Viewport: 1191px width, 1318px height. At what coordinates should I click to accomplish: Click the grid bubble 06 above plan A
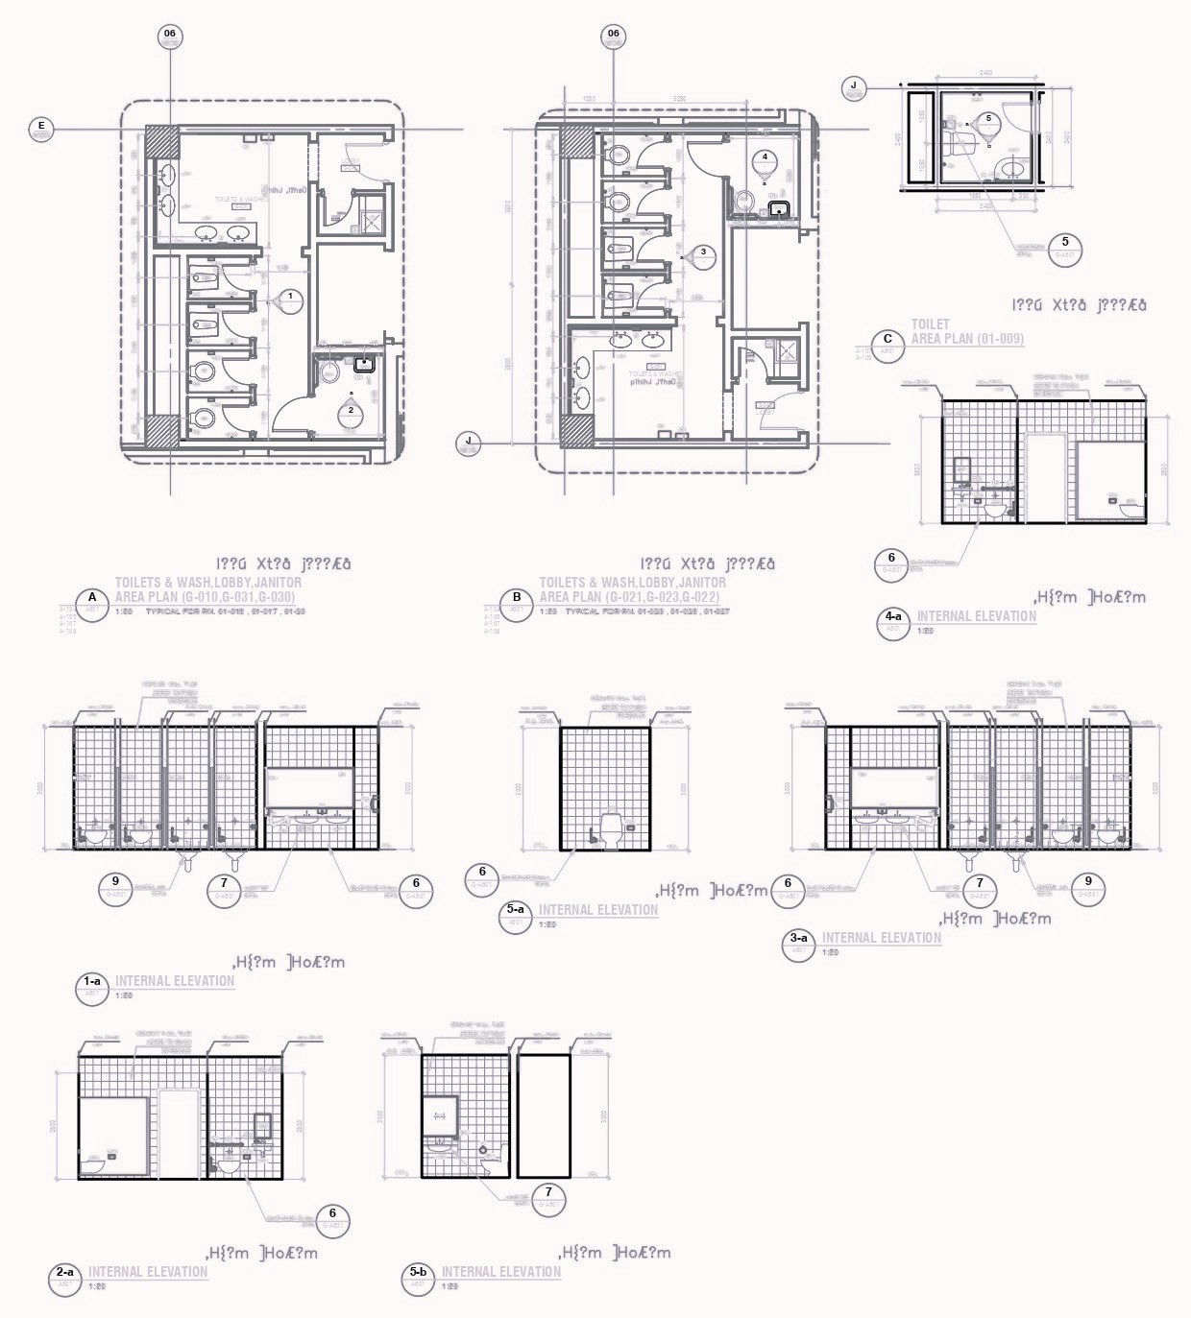tap(170, 36)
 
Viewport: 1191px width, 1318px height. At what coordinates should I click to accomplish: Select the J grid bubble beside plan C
tap(853, 88)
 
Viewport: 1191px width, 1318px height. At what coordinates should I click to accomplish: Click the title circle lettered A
tap(92, 605)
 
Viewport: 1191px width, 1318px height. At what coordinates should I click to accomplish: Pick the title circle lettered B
tap(517, 605)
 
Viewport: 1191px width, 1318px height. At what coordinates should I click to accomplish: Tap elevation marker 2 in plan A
tap(351, 411)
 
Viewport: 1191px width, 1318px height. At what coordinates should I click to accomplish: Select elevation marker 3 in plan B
tap(704, 252)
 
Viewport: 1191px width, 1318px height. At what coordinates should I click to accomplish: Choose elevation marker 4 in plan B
tap(765, 156)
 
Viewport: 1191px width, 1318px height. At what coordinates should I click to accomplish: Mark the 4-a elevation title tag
tap(893, 622)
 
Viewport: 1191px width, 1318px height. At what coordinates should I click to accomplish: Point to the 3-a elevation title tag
tap(799, 944)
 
